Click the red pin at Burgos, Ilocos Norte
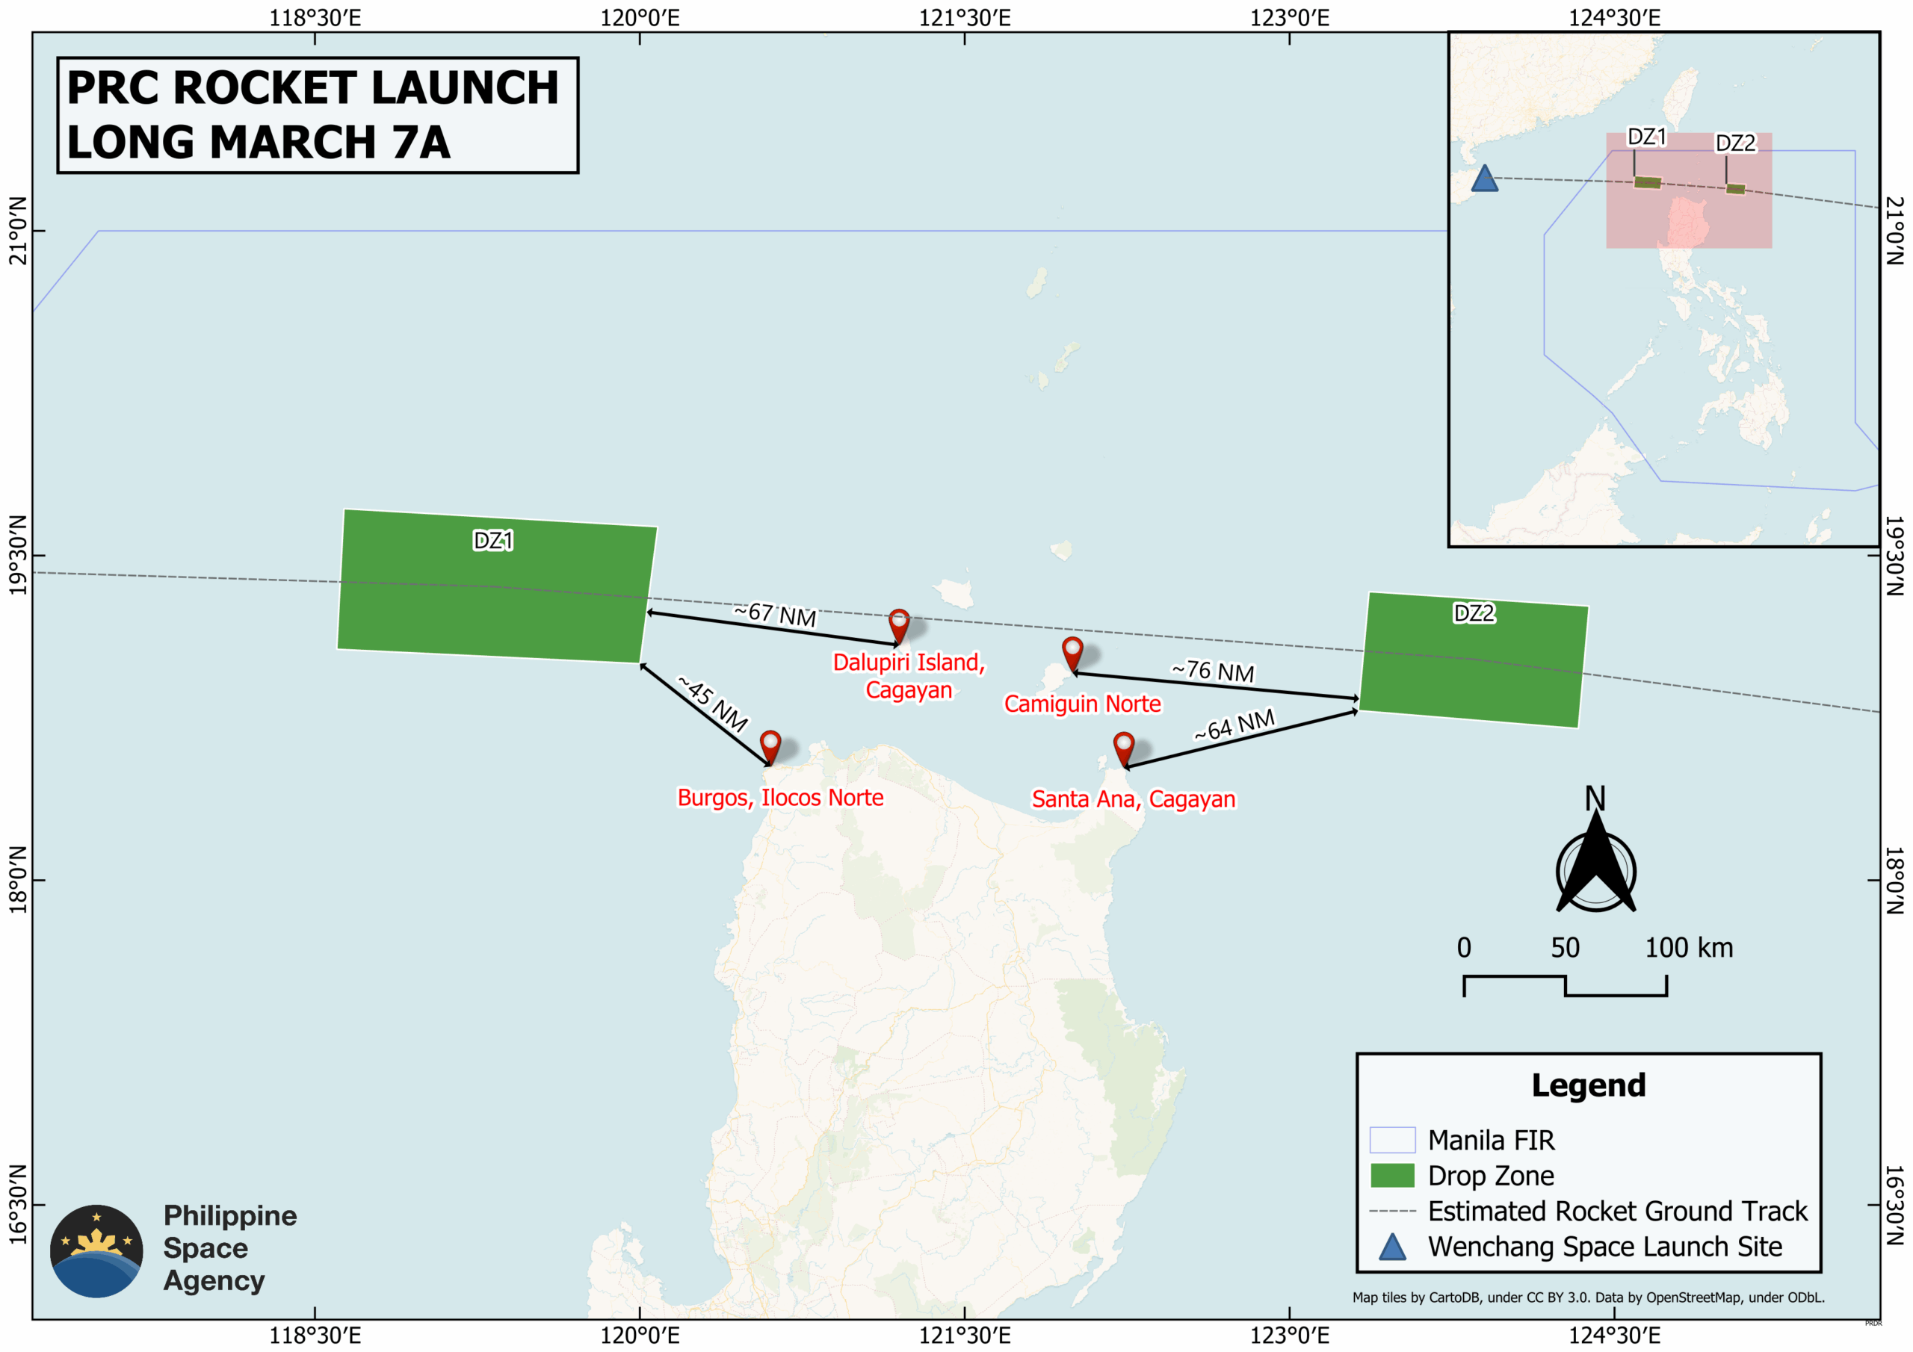(x=770, y=745)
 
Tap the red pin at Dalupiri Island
(x=898, y=624)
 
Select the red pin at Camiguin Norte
(x=1072, y=652)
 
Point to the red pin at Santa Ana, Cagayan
(x=1124, y=747)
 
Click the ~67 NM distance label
(x=775, y=615)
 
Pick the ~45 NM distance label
(x=713, y=704)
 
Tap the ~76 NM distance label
(x=1212, y=671)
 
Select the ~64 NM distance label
(x=1234, y=725)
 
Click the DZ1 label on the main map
(x=493, y=541)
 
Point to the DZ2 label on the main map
(x=1474, y=613)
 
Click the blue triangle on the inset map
(x=1484, y=179)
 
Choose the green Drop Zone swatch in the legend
(x=1392, y=1176)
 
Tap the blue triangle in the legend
(x=1392, y=1247)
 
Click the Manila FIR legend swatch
(x=1392, y=1140)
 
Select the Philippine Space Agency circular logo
(x=96, y=1250)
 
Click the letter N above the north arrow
(x=1595, y=798)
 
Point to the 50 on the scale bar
(x=1565, y=948)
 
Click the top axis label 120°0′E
(x=640, y=17)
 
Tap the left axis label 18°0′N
(x=17, y=880)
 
